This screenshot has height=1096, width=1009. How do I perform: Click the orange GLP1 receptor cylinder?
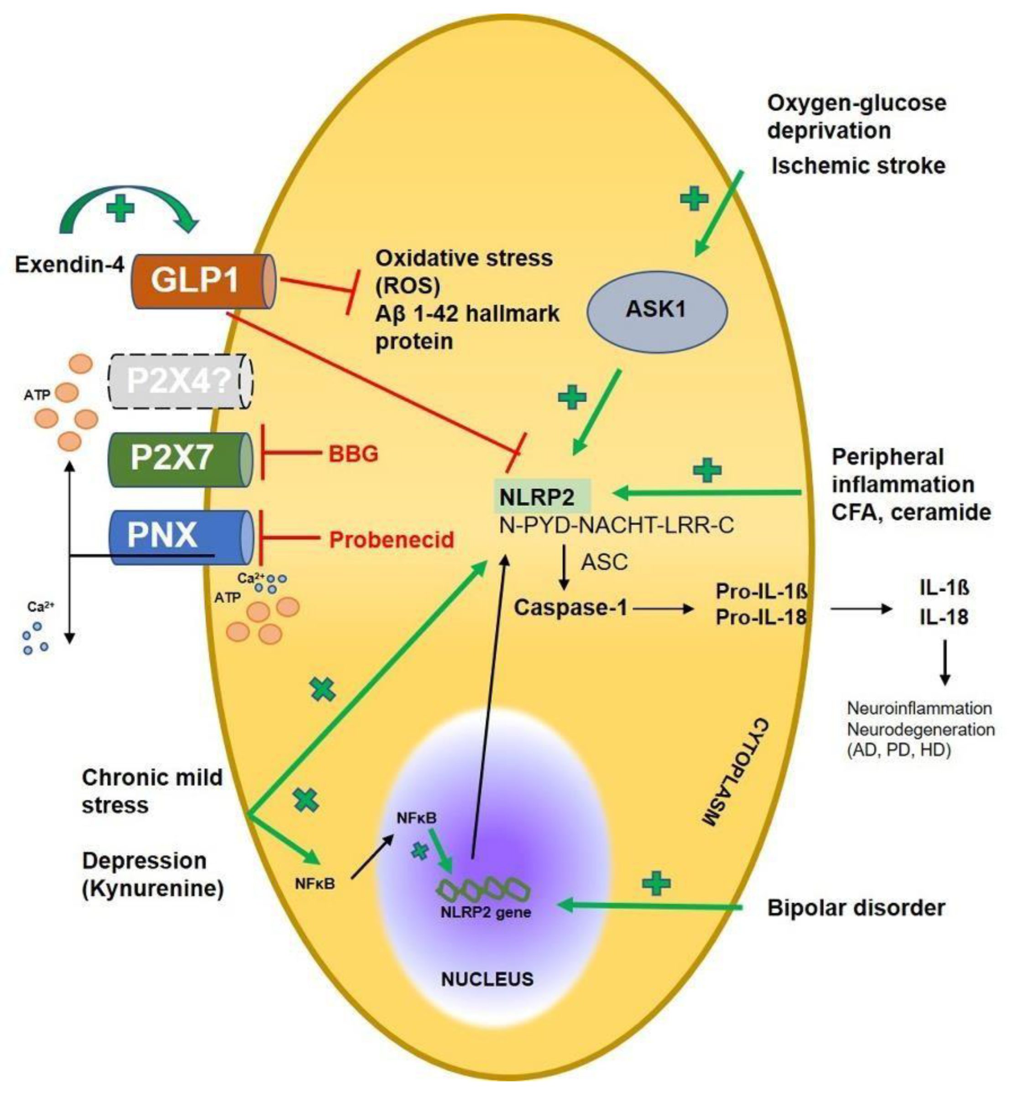click(x=202, y=281)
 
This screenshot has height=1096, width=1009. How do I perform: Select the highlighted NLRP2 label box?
click(x=542, y=496)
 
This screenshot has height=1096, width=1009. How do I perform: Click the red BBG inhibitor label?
click(x=353, y=454)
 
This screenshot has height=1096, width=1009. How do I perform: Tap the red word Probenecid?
click(x=392, y=539)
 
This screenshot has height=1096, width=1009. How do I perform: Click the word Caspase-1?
click(x=570, y=607)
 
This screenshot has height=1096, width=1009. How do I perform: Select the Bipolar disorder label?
click(x=856, y=908)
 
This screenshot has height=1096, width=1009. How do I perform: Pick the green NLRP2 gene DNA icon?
click(x=483, y=890)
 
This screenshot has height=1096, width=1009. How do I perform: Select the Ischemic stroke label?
click(x=858, y=165)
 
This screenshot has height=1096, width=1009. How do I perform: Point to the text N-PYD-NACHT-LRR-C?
click(x=616, y=525)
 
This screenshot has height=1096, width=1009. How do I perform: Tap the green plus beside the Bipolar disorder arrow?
click(x=656, y=882)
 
